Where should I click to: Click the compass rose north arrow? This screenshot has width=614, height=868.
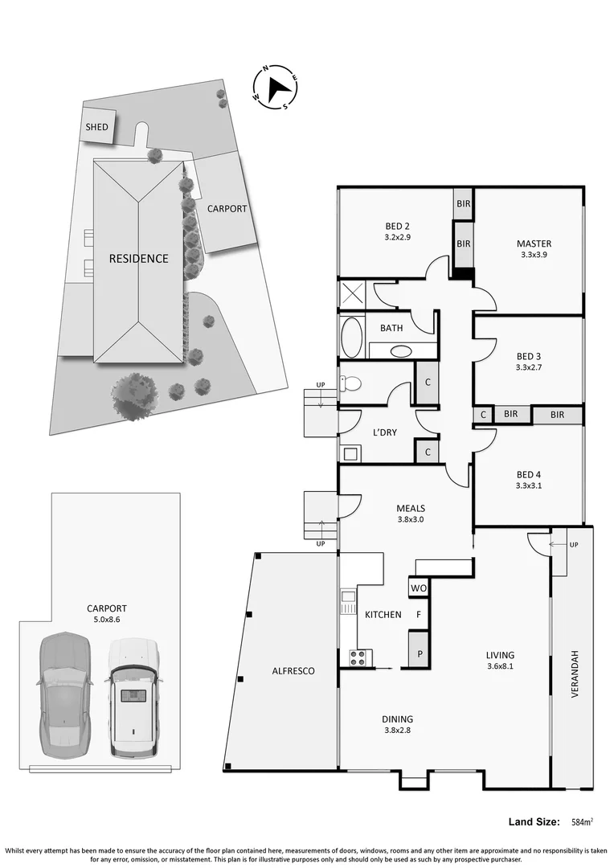278,88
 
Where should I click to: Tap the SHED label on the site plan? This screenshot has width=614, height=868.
97,127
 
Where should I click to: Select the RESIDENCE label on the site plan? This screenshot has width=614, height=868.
139,259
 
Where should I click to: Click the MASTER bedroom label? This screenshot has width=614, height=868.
534,244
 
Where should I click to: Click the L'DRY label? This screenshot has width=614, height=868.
385,432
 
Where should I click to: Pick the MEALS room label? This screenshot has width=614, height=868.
411,508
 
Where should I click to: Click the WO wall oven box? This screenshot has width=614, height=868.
419,588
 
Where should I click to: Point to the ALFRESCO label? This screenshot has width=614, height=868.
293,670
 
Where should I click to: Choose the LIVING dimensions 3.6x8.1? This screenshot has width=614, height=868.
501,665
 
